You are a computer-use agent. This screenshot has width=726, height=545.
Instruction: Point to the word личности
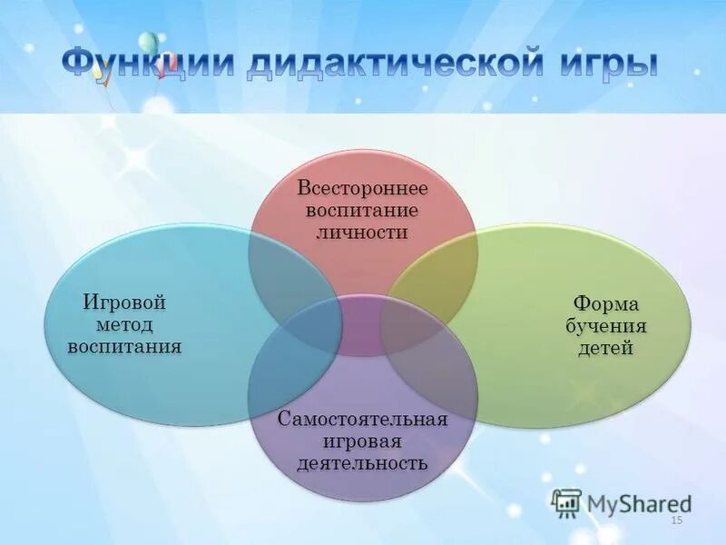pos(362,232)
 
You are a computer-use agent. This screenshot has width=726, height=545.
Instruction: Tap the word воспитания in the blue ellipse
pos(124,346)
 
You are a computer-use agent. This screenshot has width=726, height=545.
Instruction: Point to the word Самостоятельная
pos(362,420)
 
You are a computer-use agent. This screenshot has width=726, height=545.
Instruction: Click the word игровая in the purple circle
pos(362,441)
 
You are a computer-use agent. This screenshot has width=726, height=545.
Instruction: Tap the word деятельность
pos(362,463)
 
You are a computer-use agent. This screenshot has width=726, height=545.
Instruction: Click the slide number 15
pos(675,520)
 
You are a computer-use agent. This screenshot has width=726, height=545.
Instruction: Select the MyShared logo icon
pos(566,502)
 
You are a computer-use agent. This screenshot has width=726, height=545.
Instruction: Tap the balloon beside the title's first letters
pos(148,43)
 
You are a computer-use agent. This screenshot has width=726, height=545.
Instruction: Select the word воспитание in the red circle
pos(362,210)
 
